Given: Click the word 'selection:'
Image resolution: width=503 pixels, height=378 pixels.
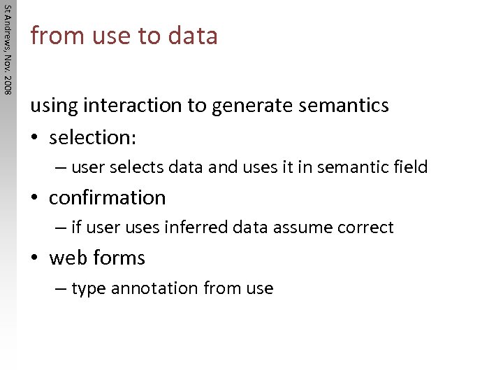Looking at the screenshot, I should [x=93, y=137].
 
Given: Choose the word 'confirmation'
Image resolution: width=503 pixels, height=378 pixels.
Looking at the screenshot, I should [x=108, y=198].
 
